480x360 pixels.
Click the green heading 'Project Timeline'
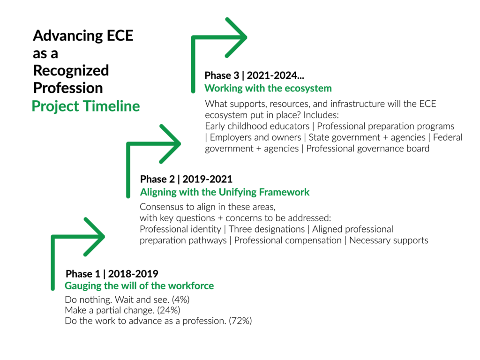(x=86, y=106)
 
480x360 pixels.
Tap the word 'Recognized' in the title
(x=71, y=71)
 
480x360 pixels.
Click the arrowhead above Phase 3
(x=236, y=37)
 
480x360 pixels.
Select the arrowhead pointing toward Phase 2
(x=170, y=144)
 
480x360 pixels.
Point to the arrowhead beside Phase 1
(x=94, y=237)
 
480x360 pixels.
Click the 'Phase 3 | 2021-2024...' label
(x=254, y=75)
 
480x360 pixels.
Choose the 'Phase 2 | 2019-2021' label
(x=186, y=179)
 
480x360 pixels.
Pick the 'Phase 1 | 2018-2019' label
(x=112, y=274)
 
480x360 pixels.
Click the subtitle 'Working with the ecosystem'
(x=268, y=88)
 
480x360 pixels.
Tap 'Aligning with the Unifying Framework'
(x=225, y=192)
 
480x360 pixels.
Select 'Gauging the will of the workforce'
(x=139, y=286)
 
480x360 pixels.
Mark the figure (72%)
(x=240, y=321)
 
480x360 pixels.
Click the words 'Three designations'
(x=267, y=229)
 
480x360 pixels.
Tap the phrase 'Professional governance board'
(x=367, y=149)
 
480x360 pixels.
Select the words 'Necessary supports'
(x=389, y=240)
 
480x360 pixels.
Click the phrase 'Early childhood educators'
(x=257, y=126)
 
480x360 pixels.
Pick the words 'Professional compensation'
(x=288, y=240)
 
